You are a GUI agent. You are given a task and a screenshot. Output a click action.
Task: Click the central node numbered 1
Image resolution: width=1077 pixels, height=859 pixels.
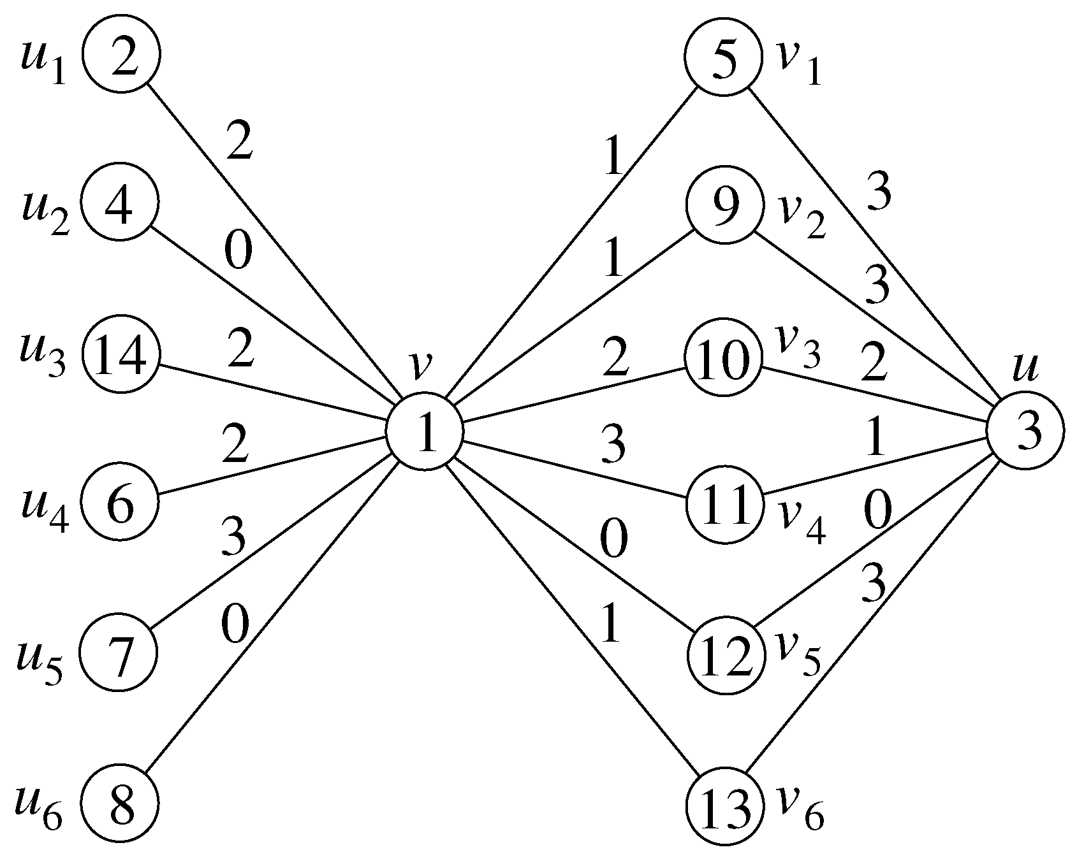(x=424, y=431)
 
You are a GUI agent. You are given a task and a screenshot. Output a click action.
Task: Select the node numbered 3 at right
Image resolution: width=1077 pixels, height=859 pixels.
(x=1025, y=431)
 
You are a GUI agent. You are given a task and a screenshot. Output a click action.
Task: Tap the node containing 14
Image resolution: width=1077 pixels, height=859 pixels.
(x=121, y=355)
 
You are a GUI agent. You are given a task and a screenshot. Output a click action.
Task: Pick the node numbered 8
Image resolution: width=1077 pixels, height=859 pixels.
(x=121, y=804)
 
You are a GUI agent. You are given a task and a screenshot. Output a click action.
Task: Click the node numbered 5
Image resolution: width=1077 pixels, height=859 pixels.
(x=724, y=56)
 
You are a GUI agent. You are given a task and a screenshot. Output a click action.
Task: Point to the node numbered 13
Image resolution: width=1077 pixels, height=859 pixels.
(x=724, y=805)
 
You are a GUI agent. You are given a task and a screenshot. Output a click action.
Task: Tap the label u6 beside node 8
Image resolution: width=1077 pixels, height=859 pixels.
(x=40, y=811)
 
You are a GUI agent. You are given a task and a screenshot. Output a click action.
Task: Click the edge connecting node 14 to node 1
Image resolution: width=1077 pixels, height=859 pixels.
(x=274, y=393)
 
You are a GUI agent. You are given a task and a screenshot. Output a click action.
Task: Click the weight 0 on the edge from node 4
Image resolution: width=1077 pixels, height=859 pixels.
(x=238, y=252)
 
